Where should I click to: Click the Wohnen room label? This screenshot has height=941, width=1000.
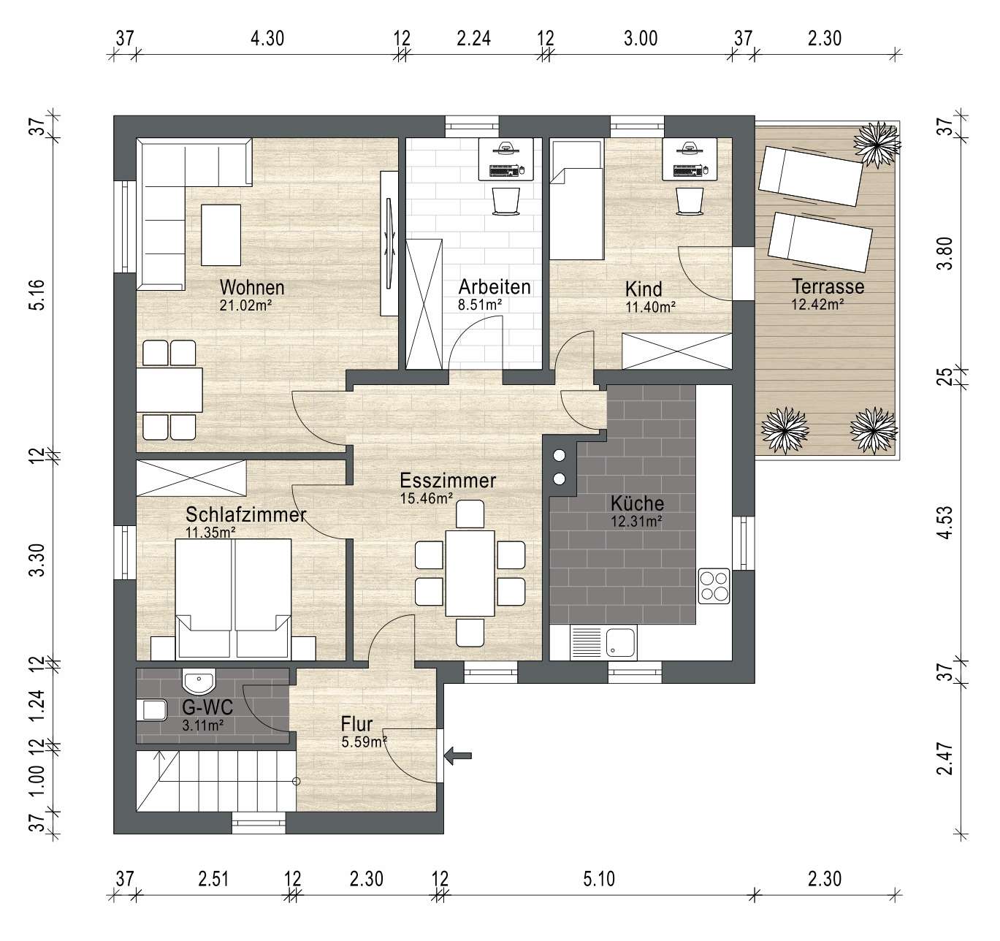pos(252,288)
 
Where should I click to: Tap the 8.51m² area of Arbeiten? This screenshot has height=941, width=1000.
pos(480,305)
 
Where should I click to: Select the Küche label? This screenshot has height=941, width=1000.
pos(637,503)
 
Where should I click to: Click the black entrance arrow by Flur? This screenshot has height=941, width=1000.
pos(458,755)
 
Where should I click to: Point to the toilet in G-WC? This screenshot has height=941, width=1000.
pos(151,711)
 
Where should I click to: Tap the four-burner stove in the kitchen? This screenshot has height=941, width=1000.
pos(714,586)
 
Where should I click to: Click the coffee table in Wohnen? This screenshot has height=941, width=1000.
pos(221,235)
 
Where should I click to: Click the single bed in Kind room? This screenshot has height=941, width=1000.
pos(576,199)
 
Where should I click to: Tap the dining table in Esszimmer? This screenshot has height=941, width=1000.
pos(470,573)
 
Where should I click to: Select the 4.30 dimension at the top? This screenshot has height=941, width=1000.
pos(267,38)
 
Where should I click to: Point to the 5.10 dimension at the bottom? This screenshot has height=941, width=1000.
pos(599,879)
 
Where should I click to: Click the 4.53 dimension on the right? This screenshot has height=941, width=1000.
pos(947,523)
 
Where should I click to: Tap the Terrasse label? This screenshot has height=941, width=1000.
pos(828,286)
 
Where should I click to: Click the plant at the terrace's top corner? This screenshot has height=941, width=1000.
pos(877,144)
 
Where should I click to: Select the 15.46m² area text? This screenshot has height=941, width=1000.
pos(427,498)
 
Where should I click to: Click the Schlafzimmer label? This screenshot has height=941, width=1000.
pos(245,515)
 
